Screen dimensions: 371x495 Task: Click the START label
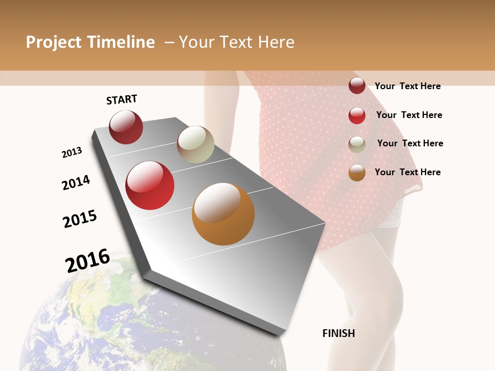(122, 99)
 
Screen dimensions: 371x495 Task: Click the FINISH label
(338, 333)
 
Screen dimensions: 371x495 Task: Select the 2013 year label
(72, 153)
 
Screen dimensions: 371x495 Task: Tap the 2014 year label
(76, 182)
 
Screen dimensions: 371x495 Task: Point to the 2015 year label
(80, 219)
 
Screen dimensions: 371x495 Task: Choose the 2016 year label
(88, 260)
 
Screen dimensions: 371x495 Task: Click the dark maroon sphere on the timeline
(126, 127)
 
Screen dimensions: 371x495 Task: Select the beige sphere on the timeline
(195, 144)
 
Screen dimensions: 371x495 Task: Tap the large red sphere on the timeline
(150, 185)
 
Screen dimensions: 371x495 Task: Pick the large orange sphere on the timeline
(223, 214)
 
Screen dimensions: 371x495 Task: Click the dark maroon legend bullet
(357, 86)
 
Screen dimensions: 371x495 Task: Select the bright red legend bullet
(357, 115)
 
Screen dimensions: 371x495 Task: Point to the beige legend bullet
(357, 144)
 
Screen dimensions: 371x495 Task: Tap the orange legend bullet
(357, 173)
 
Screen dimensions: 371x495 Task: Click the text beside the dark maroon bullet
(407, 86)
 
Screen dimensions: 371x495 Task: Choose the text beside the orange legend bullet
(407, 172)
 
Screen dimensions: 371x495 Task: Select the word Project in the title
(53, 42)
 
